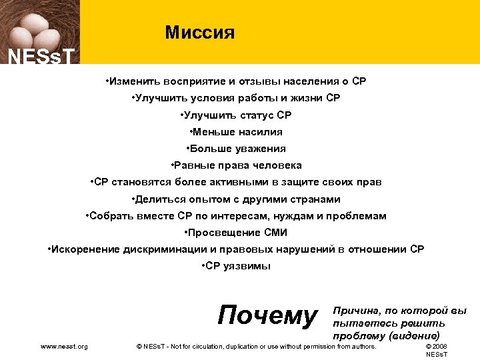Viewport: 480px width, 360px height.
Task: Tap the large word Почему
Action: pyautogui.click(x=268, y=315)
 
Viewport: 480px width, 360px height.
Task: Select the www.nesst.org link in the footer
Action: pyautogui.click(x=64, y=347)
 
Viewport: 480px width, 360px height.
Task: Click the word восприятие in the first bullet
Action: pyautogui.click(x=185, y=82)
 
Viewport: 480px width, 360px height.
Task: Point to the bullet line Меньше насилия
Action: pyautogui.click(x=237, y=132)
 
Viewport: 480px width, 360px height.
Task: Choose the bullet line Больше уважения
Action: pyautogui.click(x=237, y=149)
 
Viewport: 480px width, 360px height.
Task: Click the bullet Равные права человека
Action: pyautogui.click(x=237, y=165)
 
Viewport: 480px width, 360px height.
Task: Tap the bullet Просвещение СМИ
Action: pyautogui.click(x=236, y=233)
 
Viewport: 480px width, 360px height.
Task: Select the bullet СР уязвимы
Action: pyautogui.click(x=236, y=266)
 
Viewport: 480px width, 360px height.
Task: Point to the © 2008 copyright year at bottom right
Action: pyautogui.click(x=437, y=347)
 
